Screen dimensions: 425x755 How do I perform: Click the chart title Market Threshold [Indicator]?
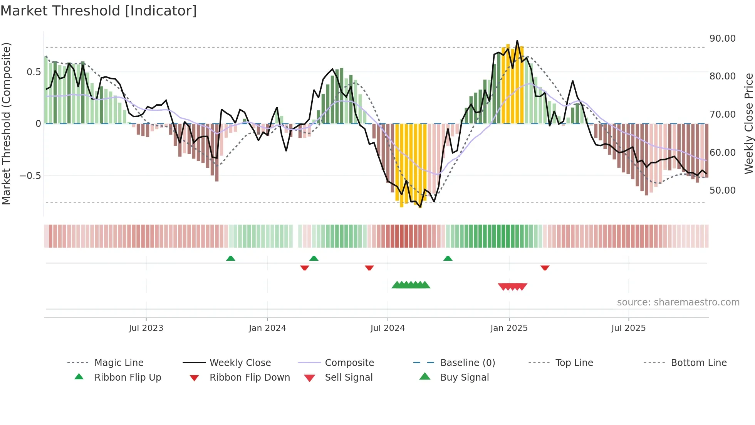pyautogui.click(x=99, y=11)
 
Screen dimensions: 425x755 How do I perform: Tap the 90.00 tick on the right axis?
pyautogui.click(x=722, y=39)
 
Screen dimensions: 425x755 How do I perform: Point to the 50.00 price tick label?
pyautogui.click(x=722, y=191)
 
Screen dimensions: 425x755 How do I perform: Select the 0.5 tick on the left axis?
pyautogui.click(x=34, y=72)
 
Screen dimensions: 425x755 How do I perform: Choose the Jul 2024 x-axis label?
pyautogui.click(x=388, y=328)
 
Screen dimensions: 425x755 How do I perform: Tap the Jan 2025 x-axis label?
pyautogui.click(x=509, y=328)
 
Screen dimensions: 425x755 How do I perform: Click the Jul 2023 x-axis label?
pyautogui.click(x=146, y=328)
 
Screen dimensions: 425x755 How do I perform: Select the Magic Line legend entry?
pyautogui.click(x=119, y=363)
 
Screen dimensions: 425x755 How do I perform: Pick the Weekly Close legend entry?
pyautogui.click(x=240, y=363)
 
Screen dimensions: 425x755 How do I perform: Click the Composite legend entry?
pyautogui.click(x=349, y=363)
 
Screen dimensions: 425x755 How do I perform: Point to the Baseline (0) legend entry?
pyautogui.click(x=467, y=363)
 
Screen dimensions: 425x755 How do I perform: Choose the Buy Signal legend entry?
pyautogui.click(x=464, y=378)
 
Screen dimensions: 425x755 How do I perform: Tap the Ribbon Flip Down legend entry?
pyautogui.click(x=250, y=378)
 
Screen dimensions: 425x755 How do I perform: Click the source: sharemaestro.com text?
pyautogui.click(x=678, y=302)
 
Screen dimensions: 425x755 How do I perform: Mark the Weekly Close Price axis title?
pyautogui.click(x=748, y=123)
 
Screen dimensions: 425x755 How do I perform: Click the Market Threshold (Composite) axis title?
pyautogui.click(x=6, y=123)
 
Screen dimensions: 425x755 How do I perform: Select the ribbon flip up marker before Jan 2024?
pyautogui.click(x=231, y=258)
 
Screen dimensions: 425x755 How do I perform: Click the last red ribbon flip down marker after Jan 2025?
pyautogui.click(x=545, y=268)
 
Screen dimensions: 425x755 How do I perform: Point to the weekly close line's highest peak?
pyautogui.click(x=517, y=41)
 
